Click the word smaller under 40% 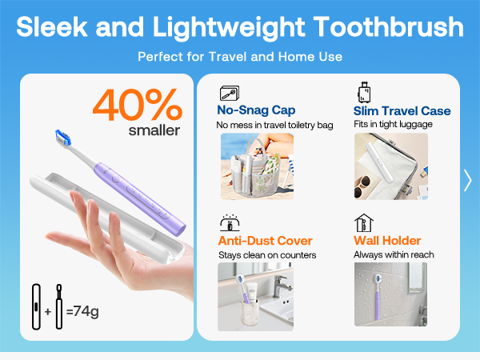click(x=154, y=130)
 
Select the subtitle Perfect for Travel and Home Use click(x=240, y=57)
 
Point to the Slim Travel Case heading click(x=402, y=111)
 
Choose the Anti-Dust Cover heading click(x=265, y=241)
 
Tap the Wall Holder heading click(x=387, y=241)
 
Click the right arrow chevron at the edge click(x=468, y=181)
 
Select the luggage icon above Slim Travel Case click(x=366, y=92)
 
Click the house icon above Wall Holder click(x=365, y=222)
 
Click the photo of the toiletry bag click(x=256, y=166)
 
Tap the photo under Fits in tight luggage click(x=390, y=166)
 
